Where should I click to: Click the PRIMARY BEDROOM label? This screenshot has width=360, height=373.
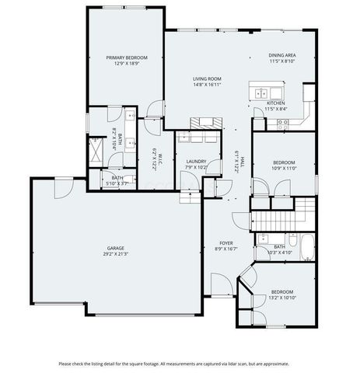(x=126, y=58)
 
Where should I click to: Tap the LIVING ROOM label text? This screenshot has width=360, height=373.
(x=208, y=79)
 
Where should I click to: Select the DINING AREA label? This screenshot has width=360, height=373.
(x=281, y=55)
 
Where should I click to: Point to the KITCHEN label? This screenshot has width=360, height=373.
(x=276, y=103)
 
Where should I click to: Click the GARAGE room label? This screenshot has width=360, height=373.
(x=114, y=249)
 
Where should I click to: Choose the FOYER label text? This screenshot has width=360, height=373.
(x=225, y=243)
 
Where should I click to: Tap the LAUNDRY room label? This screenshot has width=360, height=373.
(x=196, y=162)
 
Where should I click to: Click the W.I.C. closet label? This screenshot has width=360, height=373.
(x=155, y=159)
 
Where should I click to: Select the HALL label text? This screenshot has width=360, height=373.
(x=243, y=159)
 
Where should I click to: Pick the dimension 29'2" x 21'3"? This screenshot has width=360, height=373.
(x=114, y=254)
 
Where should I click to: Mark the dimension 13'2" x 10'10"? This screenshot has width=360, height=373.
(x=281, y=297)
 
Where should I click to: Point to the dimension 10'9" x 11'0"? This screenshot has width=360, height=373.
(x=285, y=169)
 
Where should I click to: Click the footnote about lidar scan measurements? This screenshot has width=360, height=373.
(x=180, y=363)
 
